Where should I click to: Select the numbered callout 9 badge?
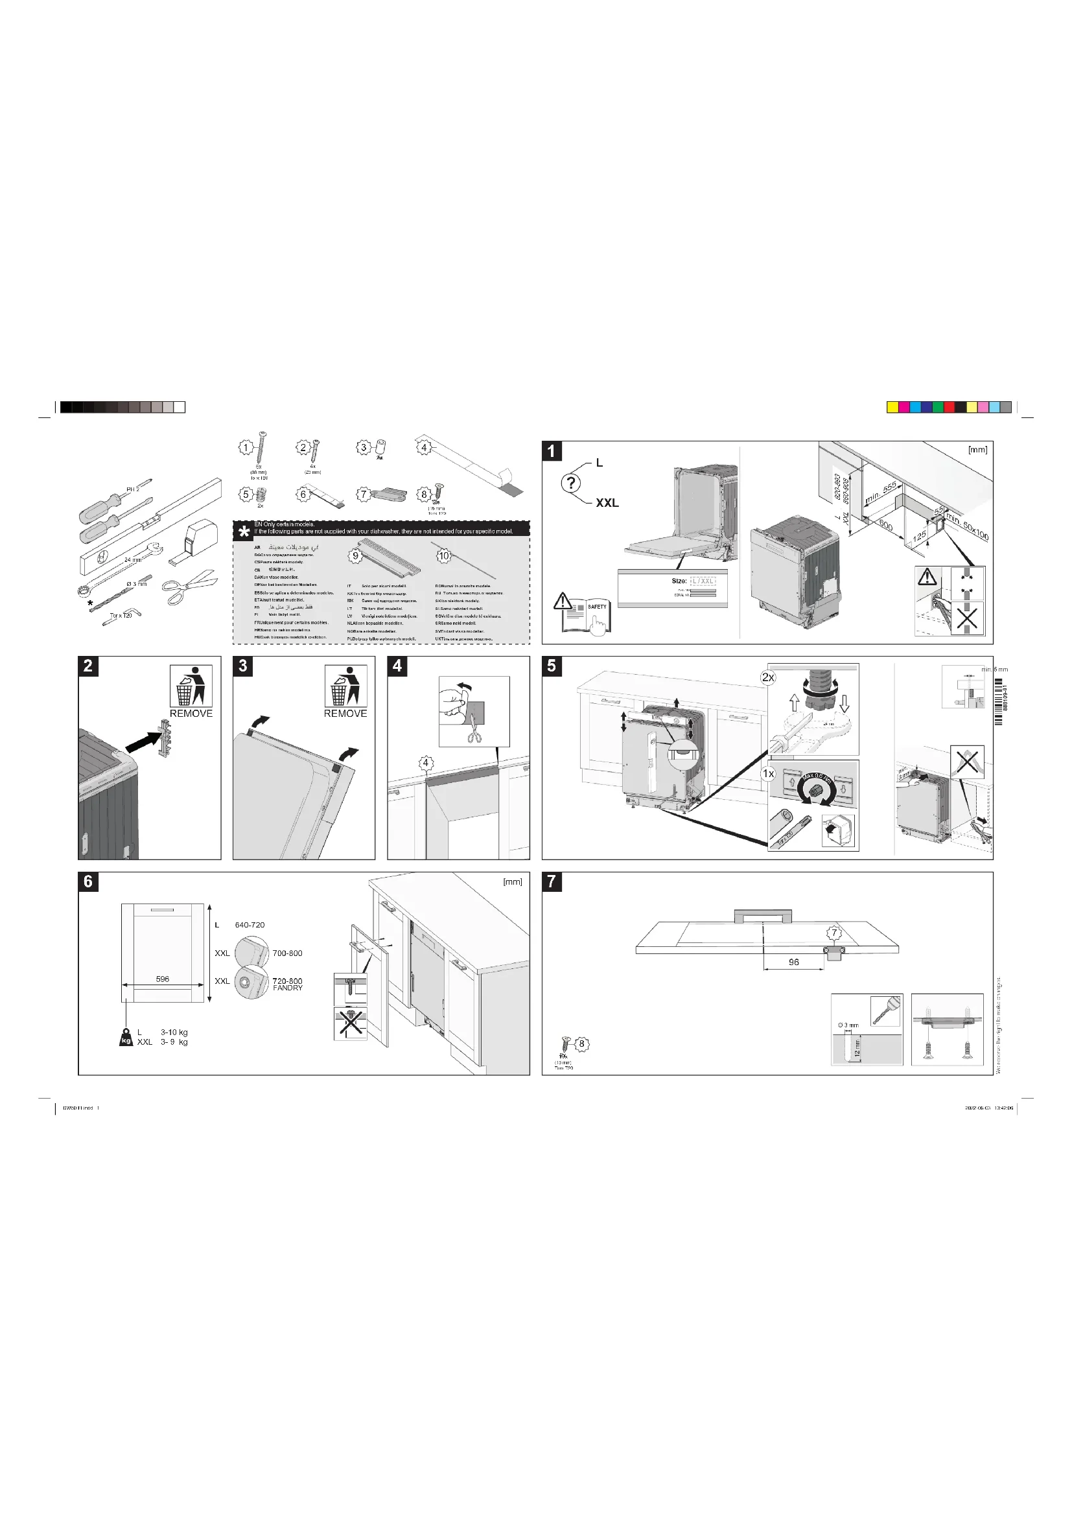tap(355, 555)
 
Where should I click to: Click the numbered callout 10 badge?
tap(443, 555)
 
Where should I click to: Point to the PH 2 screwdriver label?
tap(133, 489)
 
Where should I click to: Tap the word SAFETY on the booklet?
tap(597, 606)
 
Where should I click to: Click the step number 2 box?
tap(88, 666)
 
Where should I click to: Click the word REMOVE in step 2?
tap(191, 714)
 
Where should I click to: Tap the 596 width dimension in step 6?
tap(163, 979)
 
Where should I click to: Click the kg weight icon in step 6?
tap(126, 1037)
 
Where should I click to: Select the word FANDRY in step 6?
tap(288, 988)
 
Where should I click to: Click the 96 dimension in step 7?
tap(793, 962)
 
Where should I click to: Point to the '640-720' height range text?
tap(250, 925)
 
